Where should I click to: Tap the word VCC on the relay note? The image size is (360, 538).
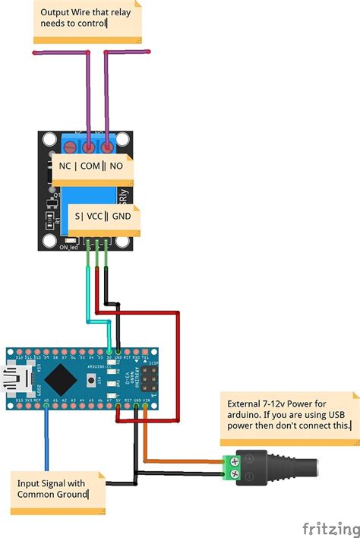click(x=95, y=216)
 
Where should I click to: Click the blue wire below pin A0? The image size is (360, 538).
click(x=47, y=441)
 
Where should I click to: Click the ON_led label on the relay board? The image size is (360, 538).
click(x=69, y=247)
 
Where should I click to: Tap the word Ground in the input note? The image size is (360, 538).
click(x=72, y=495)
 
